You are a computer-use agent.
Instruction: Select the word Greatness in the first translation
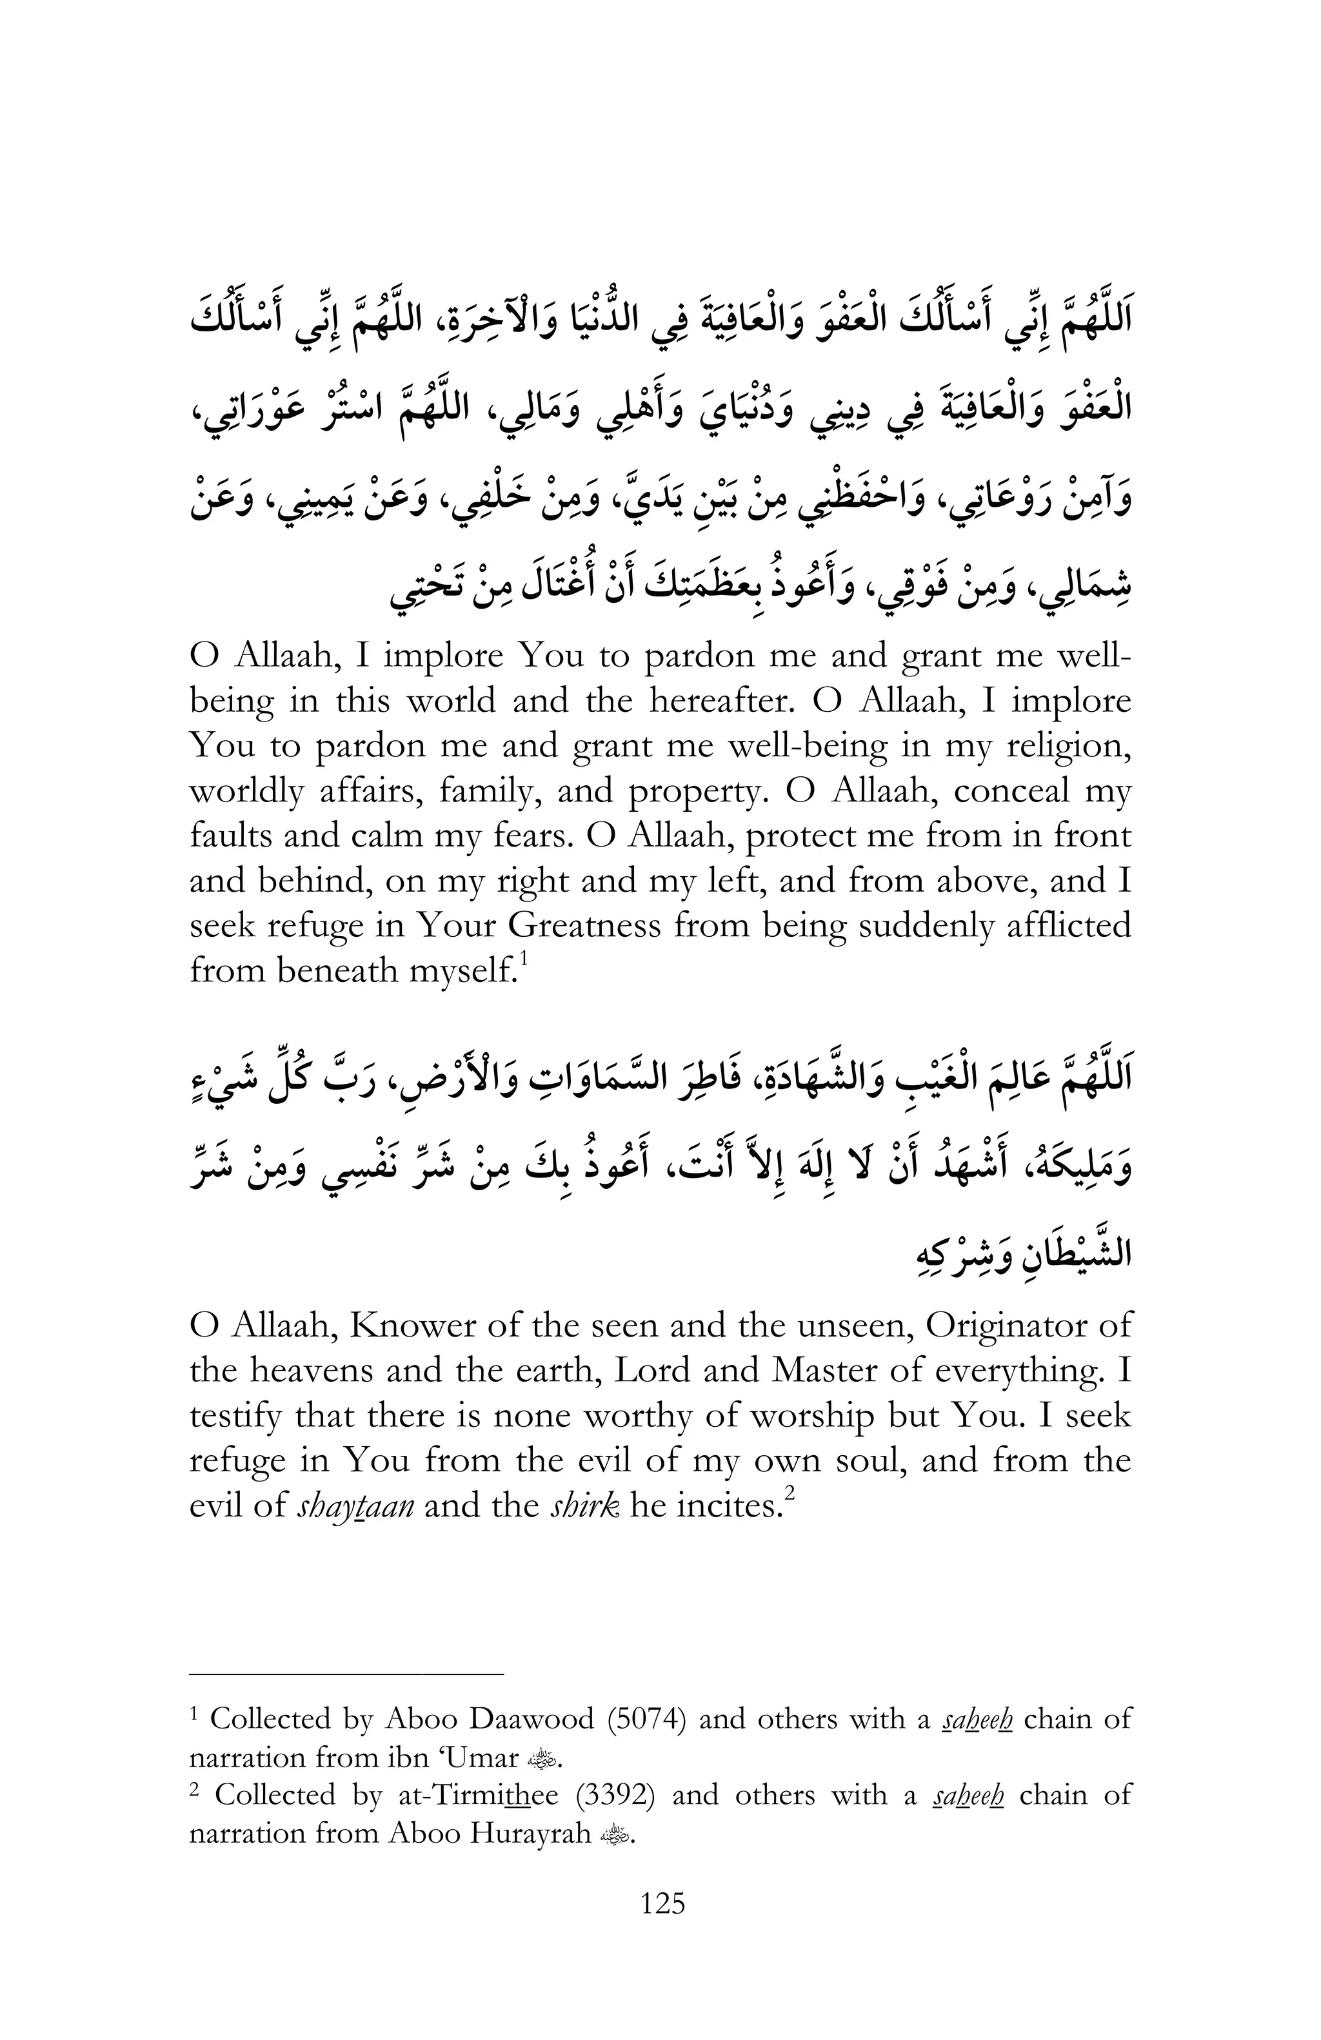584,927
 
